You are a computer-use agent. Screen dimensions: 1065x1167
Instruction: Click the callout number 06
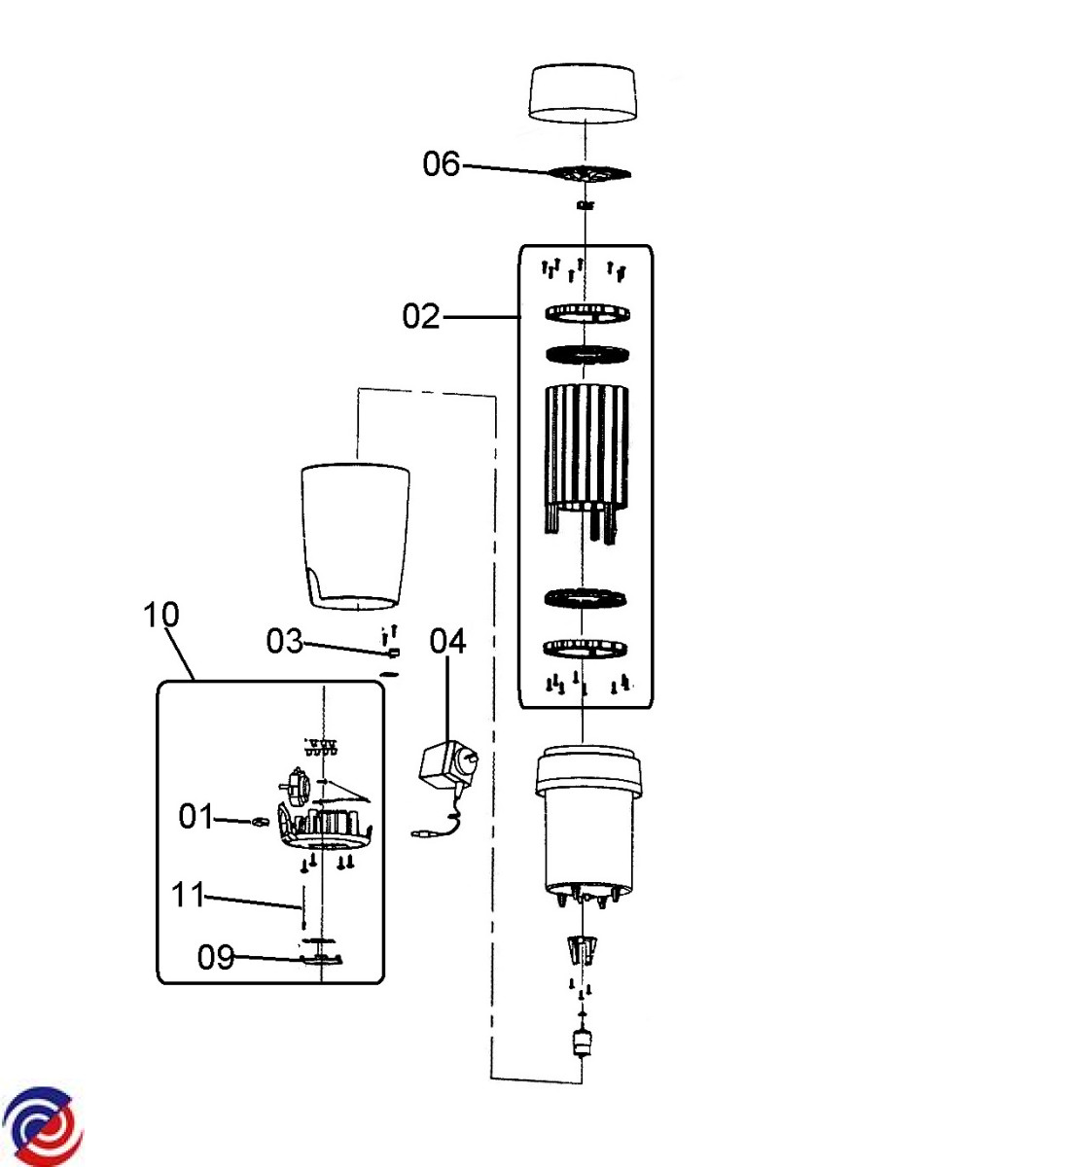pyautogui.click(x=441, y=164)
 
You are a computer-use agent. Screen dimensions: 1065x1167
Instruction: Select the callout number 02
pyautogui.click(x=421, y=316)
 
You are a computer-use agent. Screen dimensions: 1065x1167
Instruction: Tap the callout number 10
pyautogui.click(x=161, y=615)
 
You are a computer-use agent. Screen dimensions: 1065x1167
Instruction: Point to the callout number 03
pyautogui.click(x=285, y=641)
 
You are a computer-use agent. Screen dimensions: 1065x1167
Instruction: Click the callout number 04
pyautogui.click(x=447, y=641)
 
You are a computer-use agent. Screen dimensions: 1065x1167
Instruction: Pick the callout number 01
pyautogui.click(x=196, y=816)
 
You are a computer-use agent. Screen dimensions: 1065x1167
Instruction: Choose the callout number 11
pyautogui.click(x=188, y=895)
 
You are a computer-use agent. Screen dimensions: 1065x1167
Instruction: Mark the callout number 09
pyautogui.click(x=215, y=957)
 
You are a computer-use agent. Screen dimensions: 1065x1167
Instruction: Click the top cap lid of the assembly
pyautogui.click(x=582, y=95)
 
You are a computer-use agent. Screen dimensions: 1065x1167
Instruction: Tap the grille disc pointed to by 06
pyautogui.click(x=589, y=173)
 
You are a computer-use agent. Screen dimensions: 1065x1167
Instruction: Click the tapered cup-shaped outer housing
pyautogui.click(x=355, y=537)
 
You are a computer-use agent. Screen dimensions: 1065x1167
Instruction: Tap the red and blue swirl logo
pyautogui.click(x=42, y=1126)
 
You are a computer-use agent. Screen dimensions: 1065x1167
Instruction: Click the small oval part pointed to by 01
pyautogui.click(x=259, y=822)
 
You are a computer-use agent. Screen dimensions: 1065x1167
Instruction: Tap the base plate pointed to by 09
pyautogui.click(x=321, y=959)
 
